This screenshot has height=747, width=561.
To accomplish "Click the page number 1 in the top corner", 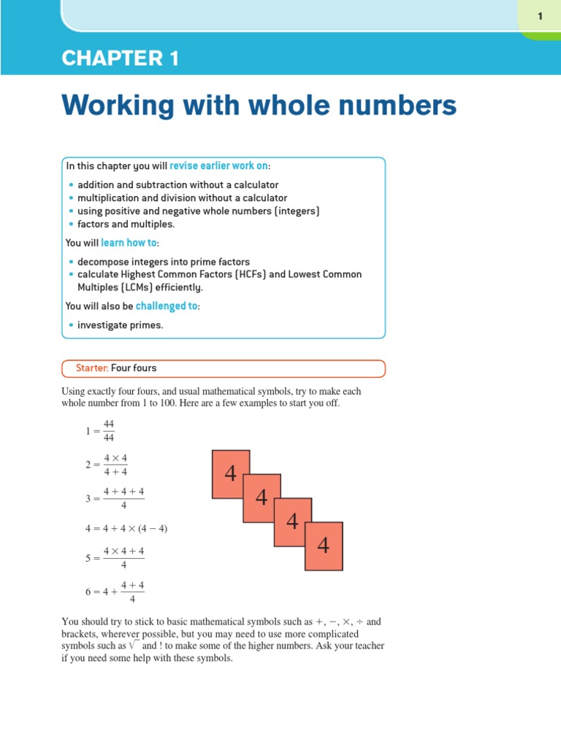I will (540, 16).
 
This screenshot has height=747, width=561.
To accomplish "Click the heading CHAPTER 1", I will (120, 59).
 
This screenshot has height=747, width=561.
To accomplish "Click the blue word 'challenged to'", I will (167, 306).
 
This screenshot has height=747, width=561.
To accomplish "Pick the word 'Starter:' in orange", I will (92, 368).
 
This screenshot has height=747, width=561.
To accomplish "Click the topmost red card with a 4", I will (230, 474).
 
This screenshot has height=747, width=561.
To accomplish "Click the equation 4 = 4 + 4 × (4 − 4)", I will (126, 528).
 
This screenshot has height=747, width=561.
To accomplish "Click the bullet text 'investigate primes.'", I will (121, 325).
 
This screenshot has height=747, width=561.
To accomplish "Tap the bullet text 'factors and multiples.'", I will (124, 224).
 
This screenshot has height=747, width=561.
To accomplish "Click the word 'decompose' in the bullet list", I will (101, 262).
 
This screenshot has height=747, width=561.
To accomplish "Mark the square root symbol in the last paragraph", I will (132, 646).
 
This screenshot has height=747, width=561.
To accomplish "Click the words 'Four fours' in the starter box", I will (134, 368).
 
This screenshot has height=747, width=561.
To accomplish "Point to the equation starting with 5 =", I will (115, 558).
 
